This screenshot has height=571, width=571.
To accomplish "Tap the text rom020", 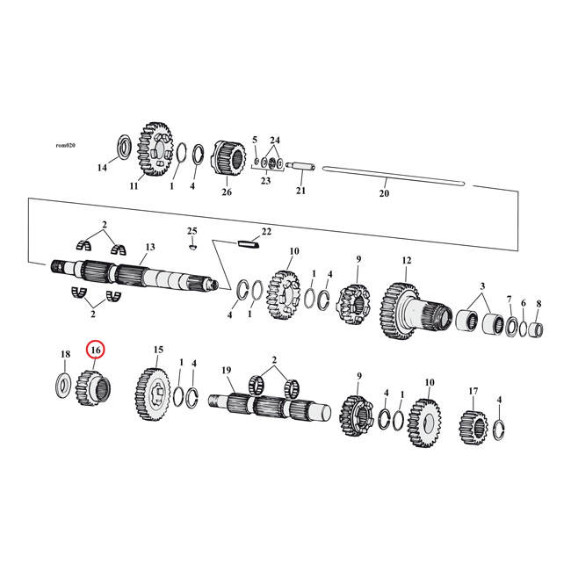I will [x=66, y=145].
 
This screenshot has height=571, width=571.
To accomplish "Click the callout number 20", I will [x=383, y=193].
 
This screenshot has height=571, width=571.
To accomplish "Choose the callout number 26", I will [x=226, y=192].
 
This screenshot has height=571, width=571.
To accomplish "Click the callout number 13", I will [x=150, y=248].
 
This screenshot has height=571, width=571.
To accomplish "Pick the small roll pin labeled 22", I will [x=247, y=245].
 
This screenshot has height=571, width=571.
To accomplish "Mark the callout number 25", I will [x=192, y=230].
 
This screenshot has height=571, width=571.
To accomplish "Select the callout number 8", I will [x=538, y=303].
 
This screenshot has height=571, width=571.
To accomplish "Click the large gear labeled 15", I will [x=154, y=387].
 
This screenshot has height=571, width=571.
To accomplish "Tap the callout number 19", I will [x=227, y=371].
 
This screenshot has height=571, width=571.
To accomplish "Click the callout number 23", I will [x=265, y=181].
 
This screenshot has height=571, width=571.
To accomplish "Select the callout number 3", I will [x=481, y=286].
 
